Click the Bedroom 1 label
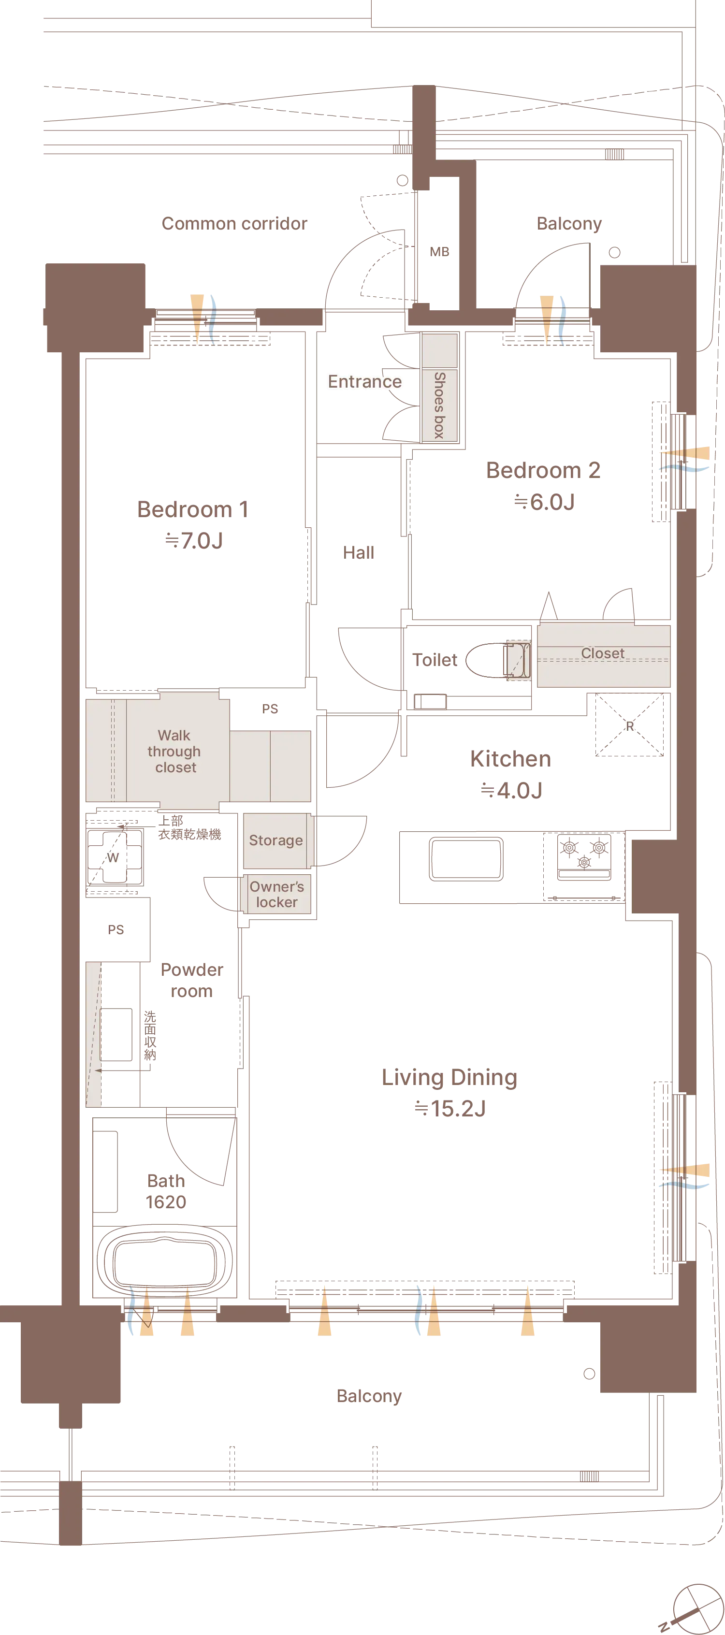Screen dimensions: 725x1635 tap(193, 509)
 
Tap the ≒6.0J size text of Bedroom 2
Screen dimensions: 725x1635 tap(544, 502)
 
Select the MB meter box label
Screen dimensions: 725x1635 tap(439, 252)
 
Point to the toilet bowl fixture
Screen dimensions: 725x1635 tap(498, 660)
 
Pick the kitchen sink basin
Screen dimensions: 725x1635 tap(466, 859)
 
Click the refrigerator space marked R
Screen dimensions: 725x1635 tap(629, 725)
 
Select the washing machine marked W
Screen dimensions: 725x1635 tap(114, 856)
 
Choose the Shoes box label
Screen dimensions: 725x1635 tap(439, 405)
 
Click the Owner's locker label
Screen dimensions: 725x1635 tap(277, 894)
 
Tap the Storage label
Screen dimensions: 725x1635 tap(275, 840)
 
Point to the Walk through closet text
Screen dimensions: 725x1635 tap(174, 752)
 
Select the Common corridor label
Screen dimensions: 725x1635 tap(234, 223)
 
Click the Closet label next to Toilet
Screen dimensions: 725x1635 tap(602, 653)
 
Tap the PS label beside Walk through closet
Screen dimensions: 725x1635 tap(270, 709)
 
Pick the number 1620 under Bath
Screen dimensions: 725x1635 tap(166, 1202)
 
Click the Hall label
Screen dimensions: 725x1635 tap(359, 553)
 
